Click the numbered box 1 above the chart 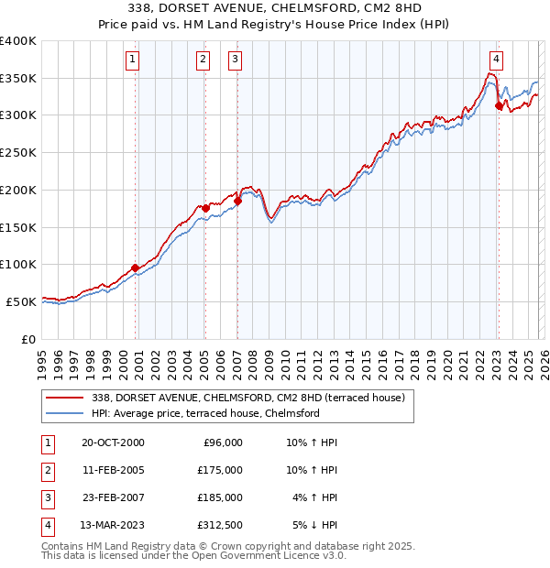pos(133,60)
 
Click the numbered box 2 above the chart pos(203,60)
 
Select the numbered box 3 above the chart pos(236,60)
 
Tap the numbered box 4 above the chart pos(496,60)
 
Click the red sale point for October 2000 pos(136,268)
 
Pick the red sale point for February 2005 pos(205,208)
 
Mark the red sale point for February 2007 pos(237,201)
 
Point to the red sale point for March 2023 pos(499,106)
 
